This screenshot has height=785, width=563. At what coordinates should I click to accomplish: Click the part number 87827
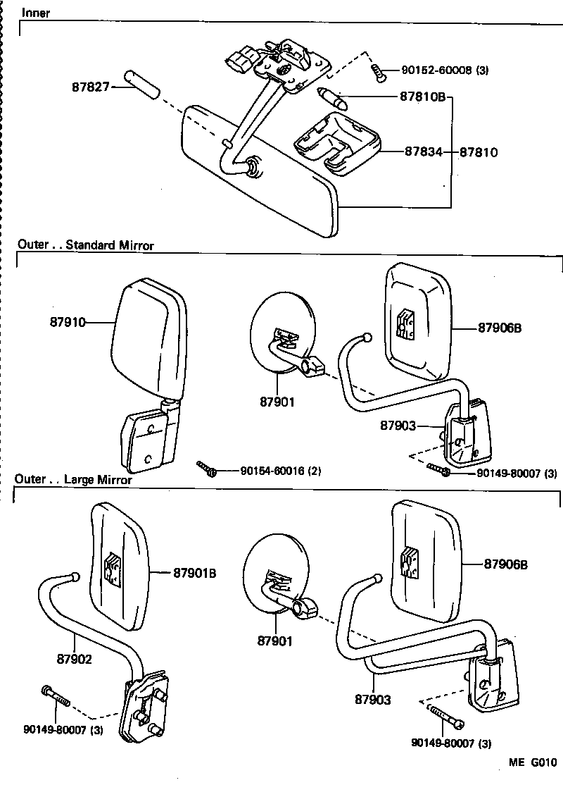pyautogui.click(x=90, y=87)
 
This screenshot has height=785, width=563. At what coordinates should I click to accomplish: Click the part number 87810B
pyautogui.click(x=422, y=97)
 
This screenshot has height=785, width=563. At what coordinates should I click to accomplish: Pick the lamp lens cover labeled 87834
pyautogui.click(x=336, y=142)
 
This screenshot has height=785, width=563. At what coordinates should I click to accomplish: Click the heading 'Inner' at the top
pyautogui.click(x=36, y=13)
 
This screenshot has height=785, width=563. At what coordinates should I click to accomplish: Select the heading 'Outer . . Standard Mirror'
pyautogui.click(x=85, y=245)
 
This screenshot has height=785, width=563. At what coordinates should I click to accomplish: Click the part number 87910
pyautogui.click(x=68, y=322)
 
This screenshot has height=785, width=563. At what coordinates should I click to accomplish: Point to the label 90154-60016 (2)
pyautogui.click(x=280, y=471)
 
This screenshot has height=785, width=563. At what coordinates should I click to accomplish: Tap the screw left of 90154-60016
pyautogui.click(x=207, y=469)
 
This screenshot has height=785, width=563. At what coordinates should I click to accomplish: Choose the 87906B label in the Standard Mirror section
pyautogui.click(x=502, y=328)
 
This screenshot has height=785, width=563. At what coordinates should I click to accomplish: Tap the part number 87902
pyautogui.click(x=74, y=660)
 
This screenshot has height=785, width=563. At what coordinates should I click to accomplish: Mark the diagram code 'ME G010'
pyautogui.click(x=533, y=762)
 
